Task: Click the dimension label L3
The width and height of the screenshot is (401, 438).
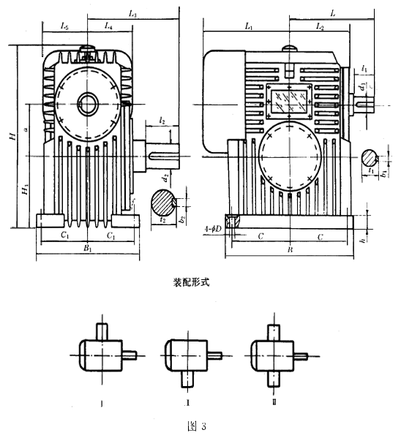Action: click(x=132, y=13)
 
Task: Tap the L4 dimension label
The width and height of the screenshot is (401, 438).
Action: click(x=108, y=26)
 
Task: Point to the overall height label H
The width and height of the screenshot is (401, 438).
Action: click(x=10, y=137)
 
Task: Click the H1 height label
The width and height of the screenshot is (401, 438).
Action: click(x=26, y=189)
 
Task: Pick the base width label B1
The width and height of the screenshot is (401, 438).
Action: click(x=87, y=249)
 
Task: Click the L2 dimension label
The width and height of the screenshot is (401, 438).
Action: click(x=320, y=26)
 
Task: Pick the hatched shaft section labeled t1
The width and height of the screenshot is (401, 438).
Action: click(x=372, y=157)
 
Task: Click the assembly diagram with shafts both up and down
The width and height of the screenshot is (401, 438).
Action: click(x=273, y=355)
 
